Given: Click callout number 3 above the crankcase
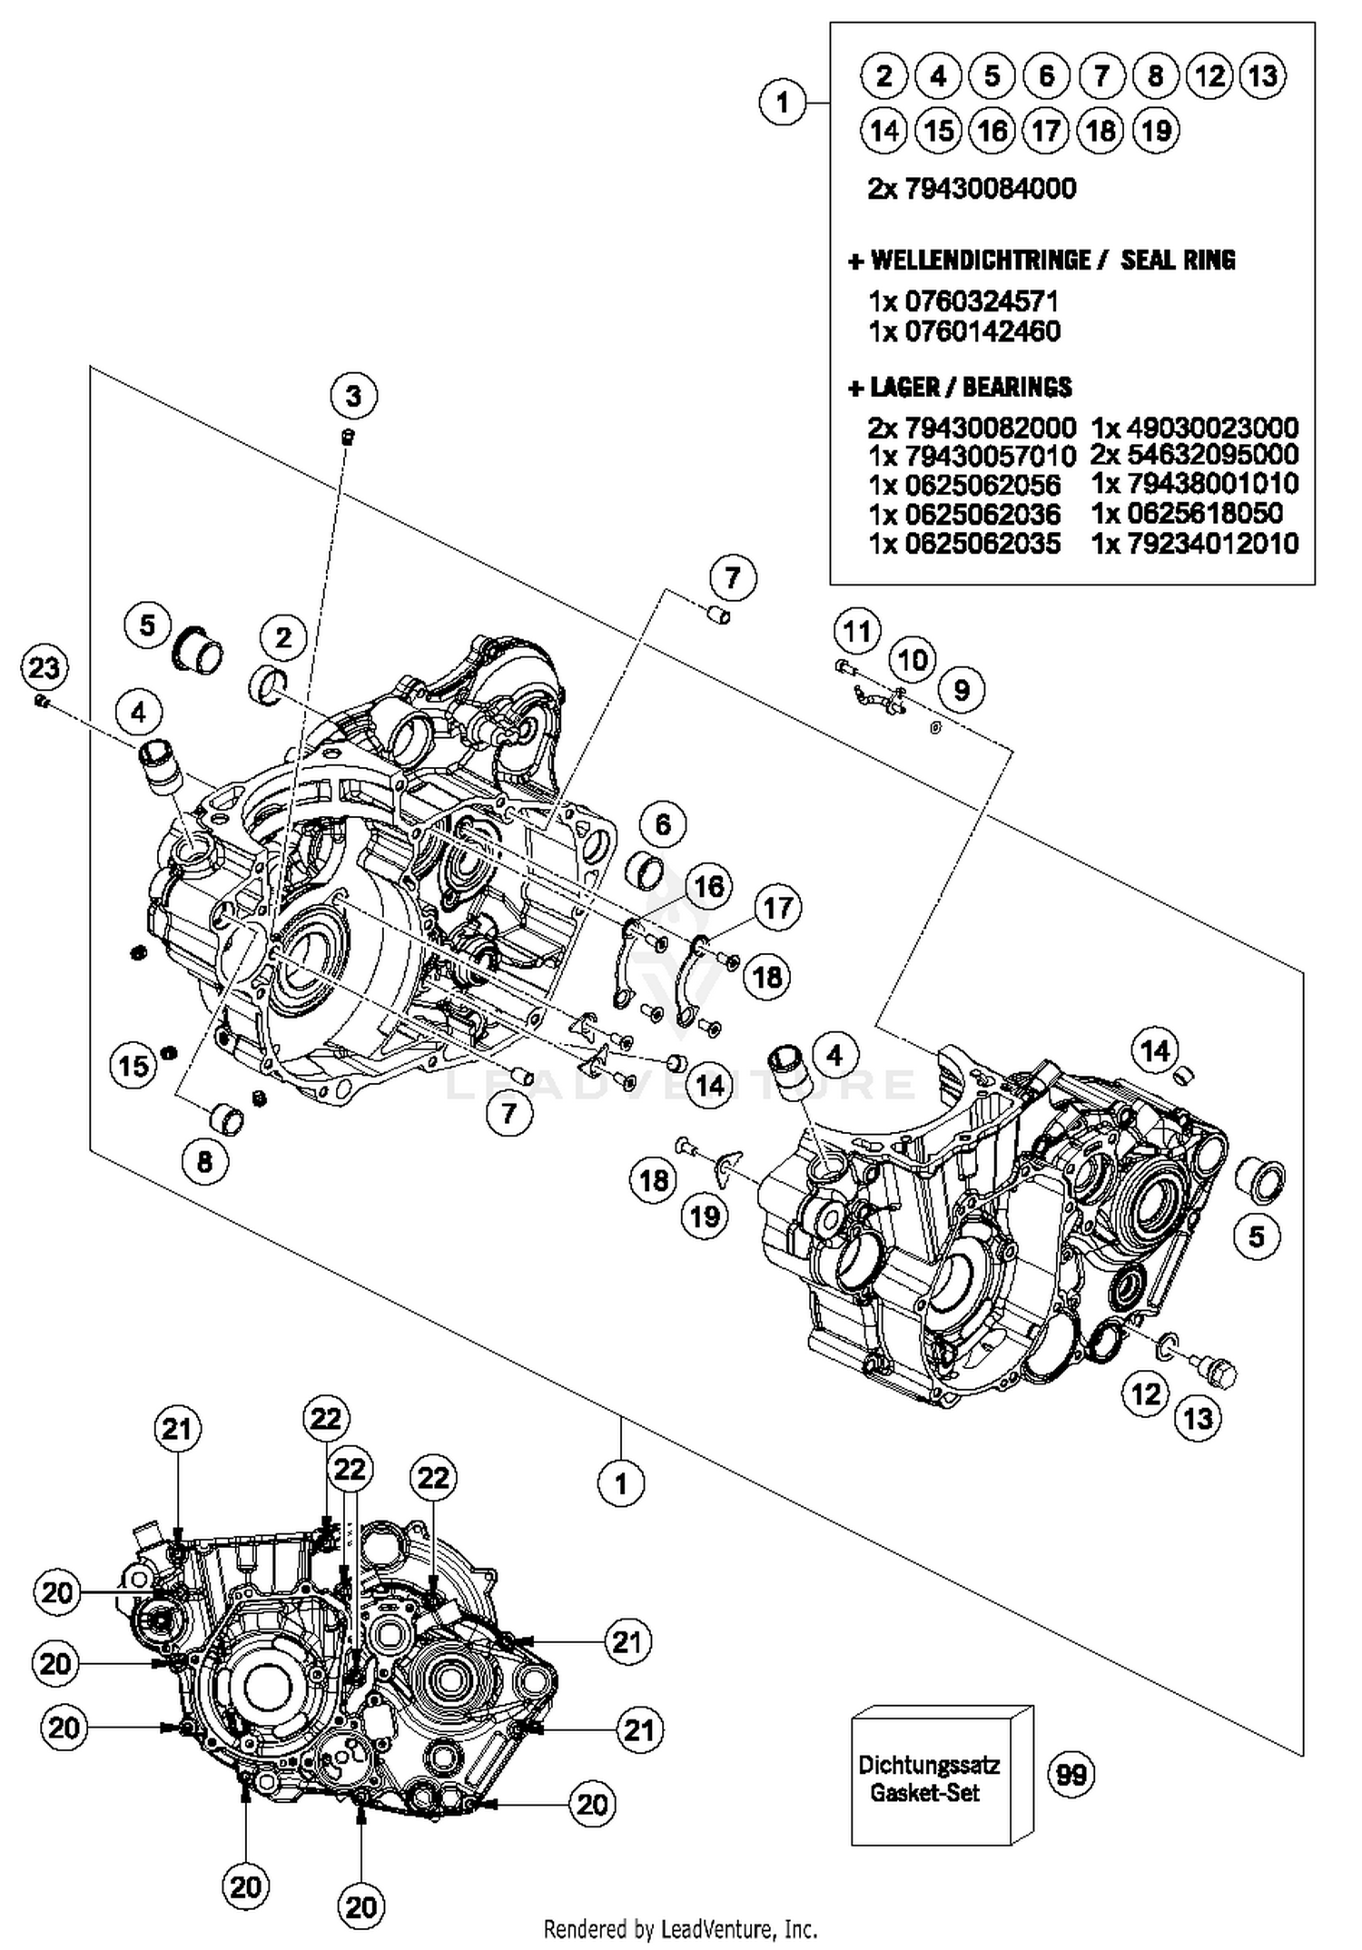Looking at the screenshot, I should coord(353,396).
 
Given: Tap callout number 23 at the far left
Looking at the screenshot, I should coord(44,668).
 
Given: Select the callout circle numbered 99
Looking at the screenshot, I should coord(1071,1774).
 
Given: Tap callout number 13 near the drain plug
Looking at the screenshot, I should coord(1199,1418).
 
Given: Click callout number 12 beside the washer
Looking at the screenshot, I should coord(1146,1393).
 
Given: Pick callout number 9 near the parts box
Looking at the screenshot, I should coord(962,690).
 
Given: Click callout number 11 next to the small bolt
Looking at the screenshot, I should coord(857,631).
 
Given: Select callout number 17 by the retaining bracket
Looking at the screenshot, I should coord(777,907).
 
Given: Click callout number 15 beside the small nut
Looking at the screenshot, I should coord(133,1065).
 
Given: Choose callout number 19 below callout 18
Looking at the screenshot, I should coord(706,1216).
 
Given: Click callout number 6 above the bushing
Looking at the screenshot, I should coord(663,824).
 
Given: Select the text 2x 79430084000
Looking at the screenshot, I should coord(972,189).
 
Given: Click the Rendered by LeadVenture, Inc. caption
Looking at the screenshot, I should coord(680,1927).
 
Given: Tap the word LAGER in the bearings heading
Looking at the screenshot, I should coord(904,388).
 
